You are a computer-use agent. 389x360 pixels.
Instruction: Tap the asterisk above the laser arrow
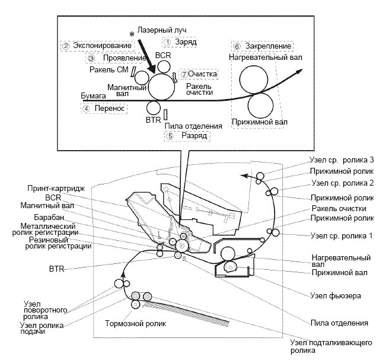[x=132, y=34]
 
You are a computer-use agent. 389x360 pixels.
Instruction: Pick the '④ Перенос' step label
[x=104, y=108]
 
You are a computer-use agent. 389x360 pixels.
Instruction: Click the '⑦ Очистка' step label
[x=199, y=74]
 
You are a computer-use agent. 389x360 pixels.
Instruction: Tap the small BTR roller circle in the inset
[x=154, y=109]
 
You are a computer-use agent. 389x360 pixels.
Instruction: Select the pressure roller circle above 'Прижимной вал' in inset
[x=261, y=105]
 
